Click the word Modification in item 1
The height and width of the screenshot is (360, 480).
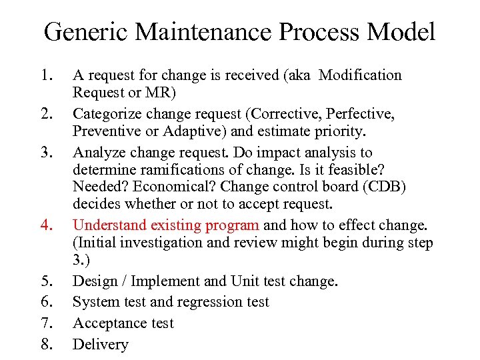click(360, 75)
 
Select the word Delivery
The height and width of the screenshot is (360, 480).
click(100, 345)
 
